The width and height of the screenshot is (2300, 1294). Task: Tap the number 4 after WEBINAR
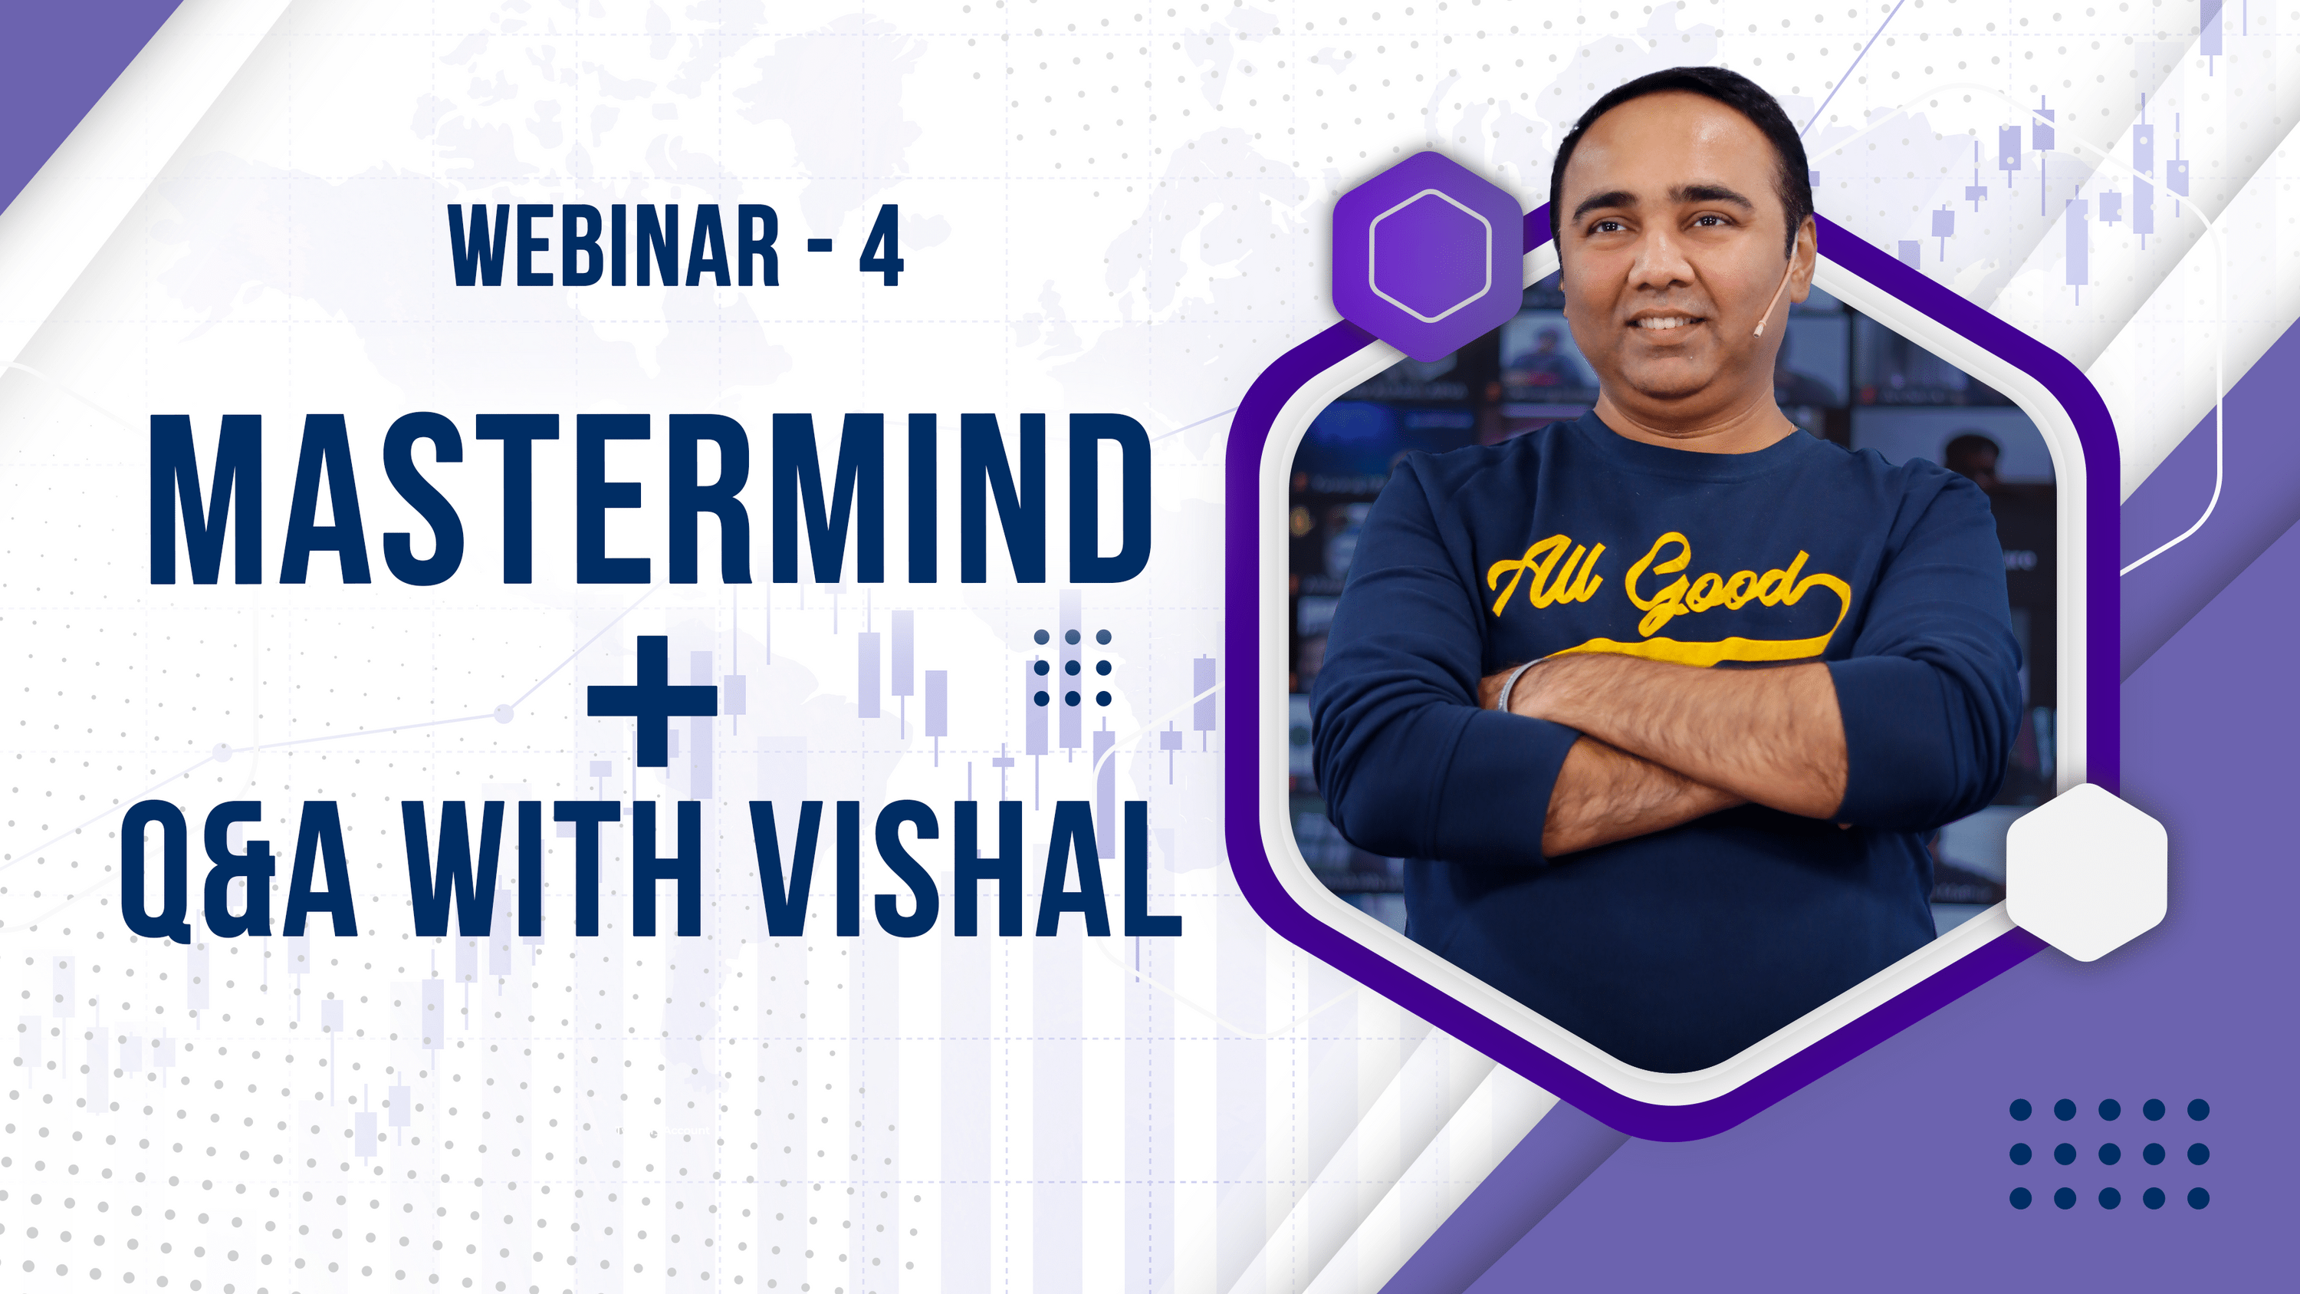(881, 247)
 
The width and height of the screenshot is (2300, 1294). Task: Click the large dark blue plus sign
(652, 700)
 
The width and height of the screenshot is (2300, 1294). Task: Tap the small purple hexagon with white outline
(1428, 255)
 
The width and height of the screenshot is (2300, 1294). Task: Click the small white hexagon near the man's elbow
(2087, 871)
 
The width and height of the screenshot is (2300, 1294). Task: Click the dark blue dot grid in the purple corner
(2109, 1154)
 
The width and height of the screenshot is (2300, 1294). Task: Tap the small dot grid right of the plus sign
(1072, 668)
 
